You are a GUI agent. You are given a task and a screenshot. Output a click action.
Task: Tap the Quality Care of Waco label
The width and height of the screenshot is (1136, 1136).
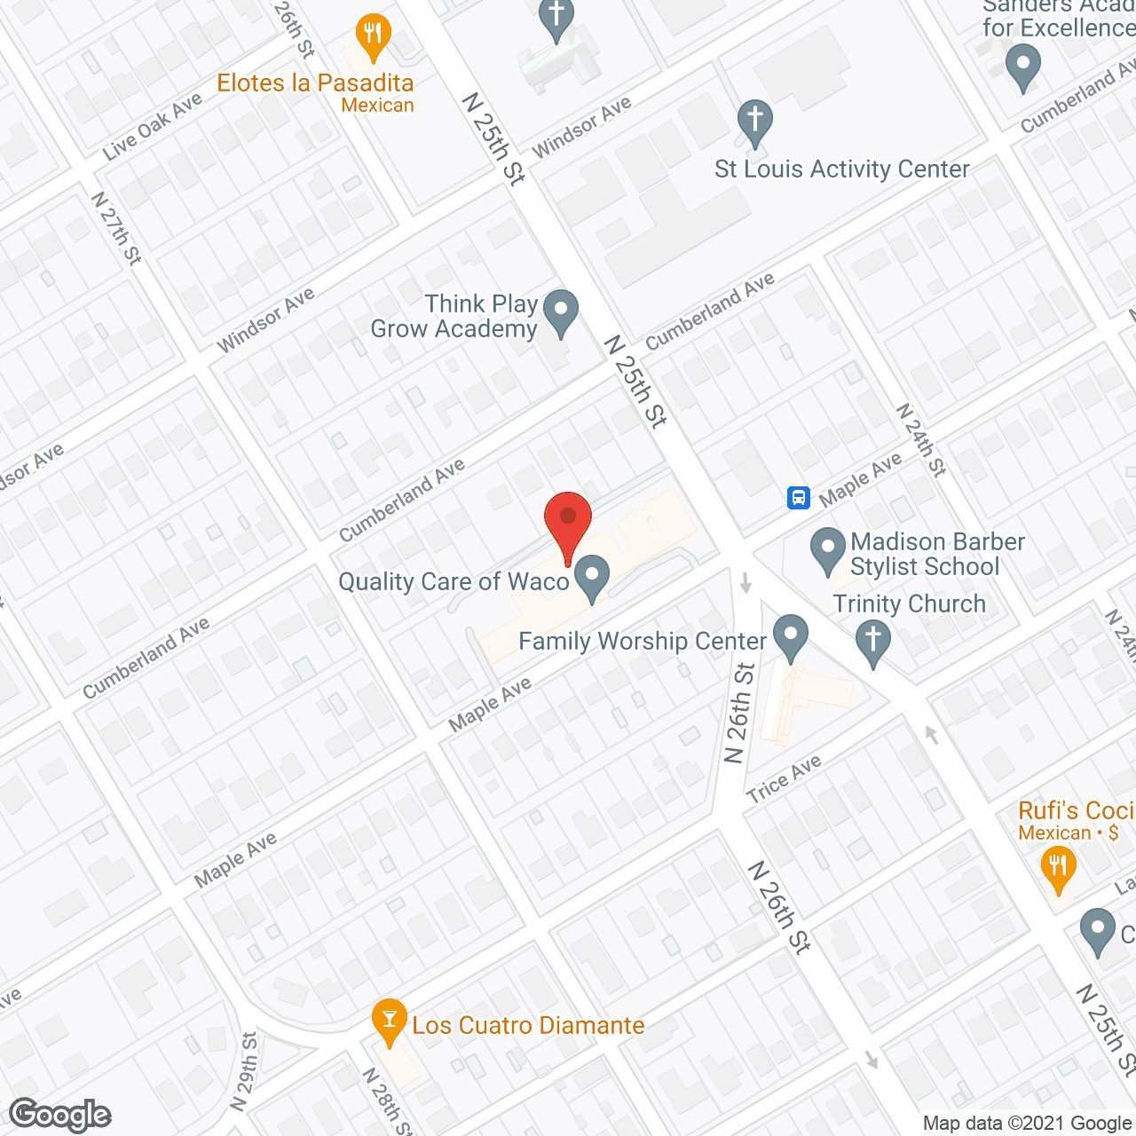click(454, 582)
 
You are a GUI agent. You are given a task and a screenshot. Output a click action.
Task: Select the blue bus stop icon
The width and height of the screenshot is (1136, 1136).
click(799, 497)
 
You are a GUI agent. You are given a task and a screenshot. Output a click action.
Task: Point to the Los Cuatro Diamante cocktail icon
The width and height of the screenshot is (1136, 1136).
click(389, 1021)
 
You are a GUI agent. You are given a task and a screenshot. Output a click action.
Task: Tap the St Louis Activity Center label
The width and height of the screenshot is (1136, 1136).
click(841, 170)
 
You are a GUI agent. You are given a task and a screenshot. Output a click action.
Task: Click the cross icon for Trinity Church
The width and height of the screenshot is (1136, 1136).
click(873, 642)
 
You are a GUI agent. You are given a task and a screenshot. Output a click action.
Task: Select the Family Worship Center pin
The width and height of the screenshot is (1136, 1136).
click(790, 636)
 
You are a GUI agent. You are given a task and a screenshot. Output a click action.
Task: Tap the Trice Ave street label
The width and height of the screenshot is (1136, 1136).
click(785, 778)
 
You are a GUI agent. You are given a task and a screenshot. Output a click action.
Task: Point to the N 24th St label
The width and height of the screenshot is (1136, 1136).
click(920, 440)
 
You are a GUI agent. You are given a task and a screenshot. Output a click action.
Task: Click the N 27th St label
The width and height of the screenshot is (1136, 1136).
click(116, 228)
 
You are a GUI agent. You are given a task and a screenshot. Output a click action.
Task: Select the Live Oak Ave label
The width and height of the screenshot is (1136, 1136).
click(153, 128)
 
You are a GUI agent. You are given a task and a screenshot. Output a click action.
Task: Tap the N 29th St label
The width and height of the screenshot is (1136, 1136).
click(244, 1070)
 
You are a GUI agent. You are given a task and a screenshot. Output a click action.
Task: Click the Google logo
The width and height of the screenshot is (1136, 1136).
click(60, 1115)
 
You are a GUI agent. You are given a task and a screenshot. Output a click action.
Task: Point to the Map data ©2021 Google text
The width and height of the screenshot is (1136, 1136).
click(1028, 1124)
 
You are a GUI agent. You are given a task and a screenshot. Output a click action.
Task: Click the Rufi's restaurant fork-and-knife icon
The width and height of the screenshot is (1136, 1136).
click(1057, 867)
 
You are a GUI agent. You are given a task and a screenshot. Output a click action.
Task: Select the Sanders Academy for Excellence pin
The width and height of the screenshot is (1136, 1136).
click(1022, 67)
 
